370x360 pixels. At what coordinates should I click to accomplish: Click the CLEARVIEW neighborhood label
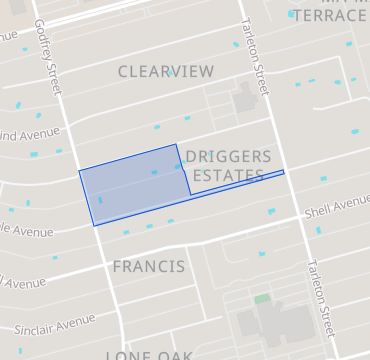[166, 72]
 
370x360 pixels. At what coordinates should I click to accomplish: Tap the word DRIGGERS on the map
[229, 158]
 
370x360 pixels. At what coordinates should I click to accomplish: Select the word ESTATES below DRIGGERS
[229, 176]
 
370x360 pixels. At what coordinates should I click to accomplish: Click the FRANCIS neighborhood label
[148, 267]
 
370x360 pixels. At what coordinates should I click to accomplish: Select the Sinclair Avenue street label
[55, 325]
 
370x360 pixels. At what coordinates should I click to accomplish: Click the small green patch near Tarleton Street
[262, 298]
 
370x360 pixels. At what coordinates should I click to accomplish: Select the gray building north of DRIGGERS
[244, 99]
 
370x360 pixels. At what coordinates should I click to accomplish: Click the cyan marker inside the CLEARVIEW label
[171, 73]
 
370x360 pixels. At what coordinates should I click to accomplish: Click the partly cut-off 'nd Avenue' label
[31, 135]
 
